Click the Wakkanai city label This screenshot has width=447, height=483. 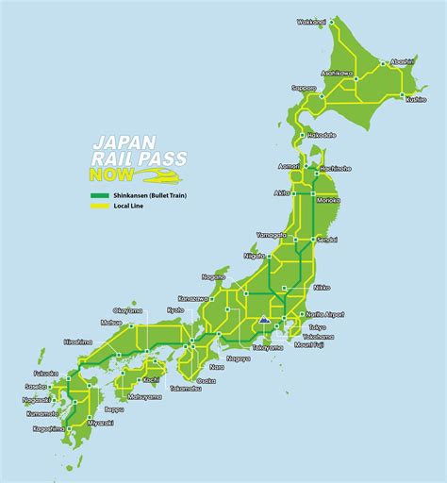[311, 22]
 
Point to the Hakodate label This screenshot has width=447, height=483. [322, 135]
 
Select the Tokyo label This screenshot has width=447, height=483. [316, 326]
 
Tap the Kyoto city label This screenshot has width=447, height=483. [176, 309]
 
